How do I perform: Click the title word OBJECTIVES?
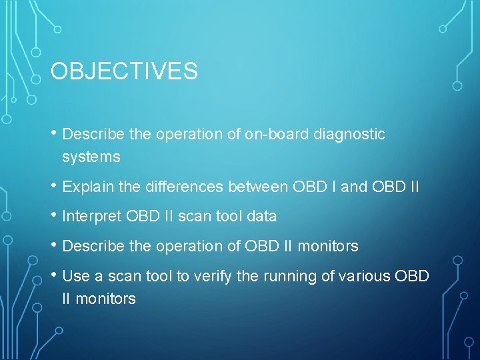click(124, 71)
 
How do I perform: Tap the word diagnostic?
click(349, 135)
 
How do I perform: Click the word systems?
click(91, 157)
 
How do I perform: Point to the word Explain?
click(88, 187)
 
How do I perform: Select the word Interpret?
click(91, 217)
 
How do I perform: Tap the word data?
click(261, 217)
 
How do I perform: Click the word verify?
click(211, 276)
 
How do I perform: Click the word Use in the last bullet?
click(75, 276)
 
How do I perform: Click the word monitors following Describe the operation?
click(328, 247)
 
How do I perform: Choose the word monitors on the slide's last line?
click(106, 299)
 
